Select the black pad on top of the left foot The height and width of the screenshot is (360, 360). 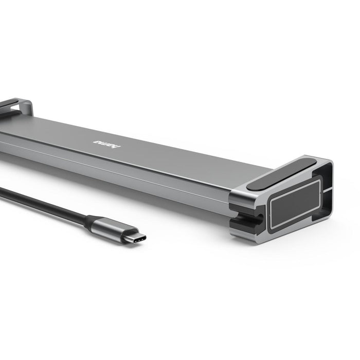[8, 103]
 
